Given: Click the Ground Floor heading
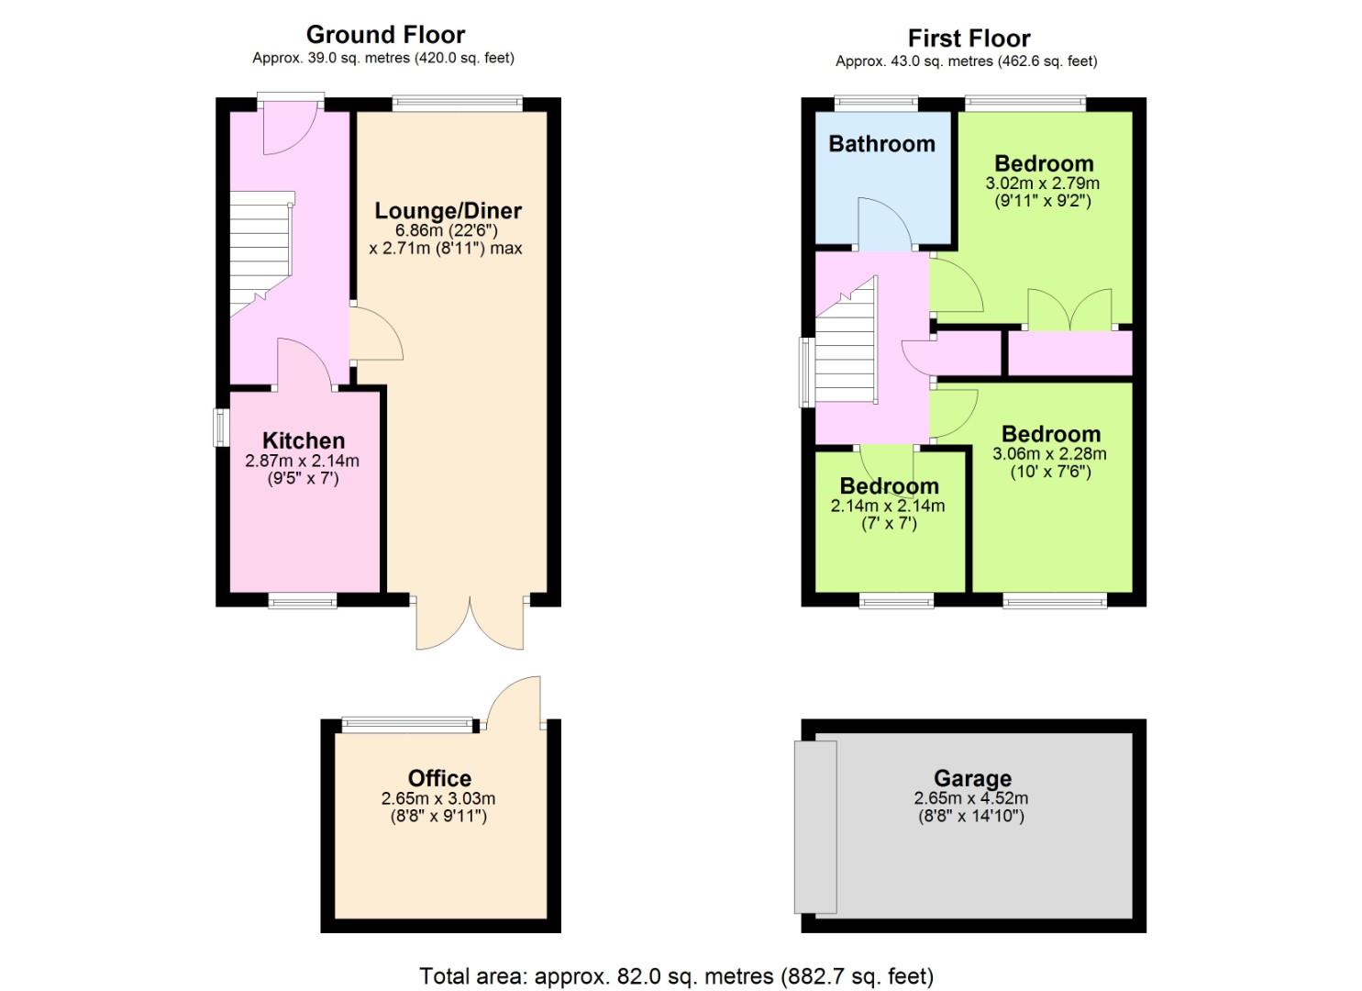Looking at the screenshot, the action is click(385, 35).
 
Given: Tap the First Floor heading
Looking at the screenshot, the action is click(969, 39).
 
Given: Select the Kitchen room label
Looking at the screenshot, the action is click(304, 440).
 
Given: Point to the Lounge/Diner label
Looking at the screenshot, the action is click(448, 211).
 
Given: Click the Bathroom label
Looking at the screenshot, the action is click(881, 144).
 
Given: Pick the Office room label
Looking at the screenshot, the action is click(439, 778).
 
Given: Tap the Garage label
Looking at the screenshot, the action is click(973, 778).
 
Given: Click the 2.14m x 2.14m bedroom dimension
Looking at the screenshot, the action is click(888, 506).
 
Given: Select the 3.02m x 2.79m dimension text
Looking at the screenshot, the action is click(1042, 184).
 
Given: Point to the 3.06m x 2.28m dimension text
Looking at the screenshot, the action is click(1049, 454).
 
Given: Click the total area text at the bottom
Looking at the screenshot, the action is click(676, 976).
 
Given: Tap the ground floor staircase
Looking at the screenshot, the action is click(261, 254).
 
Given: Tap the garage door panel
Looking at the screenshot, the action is click(815, 827).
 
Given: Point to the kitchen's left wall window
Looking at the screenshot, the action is click(221, 428).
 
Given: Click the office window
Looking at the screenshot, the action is click(407, 725).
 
